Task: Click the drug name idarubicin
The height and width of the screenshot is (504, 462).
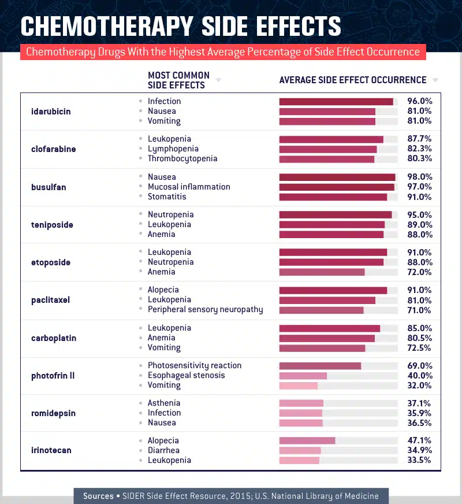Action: pyautogui.click(x=51, y=111)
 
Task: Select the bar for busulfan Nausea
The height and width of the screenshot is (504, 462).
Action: pyautogui.click(x=337, y=177)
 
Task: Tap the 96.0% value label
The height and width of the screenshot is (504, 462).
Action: pyautogui.click(x=419, y=101)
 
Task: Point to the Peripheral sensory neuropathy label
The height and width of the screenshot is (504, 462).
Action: pyautogui.click(x=205, y=309)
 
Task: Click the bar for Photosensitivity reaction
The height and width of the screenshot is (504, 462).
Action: pyautogui.click(x=320, y=365)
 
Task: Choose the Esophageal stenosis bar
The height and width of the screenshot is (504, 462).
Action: pyautogui.click(x=303, y=376)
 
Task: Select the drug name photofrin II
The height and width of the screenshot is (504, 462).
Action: pyautogui.click(x=53, y=376)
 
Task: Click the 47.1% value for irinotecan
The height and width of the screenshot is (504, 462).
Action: pyautogui.click(x=419, y=440)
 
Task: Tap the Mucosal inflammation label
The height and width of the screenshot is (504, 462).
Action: pyautogui.click(x=189, y=187)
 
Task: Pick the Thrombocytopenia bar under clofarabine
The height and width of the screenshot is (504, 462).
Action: pyautogui.click(x=327, y=159)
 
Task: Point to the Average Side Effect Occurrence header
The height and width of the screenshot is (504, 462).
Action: pyautogui.click(x=353, y=80)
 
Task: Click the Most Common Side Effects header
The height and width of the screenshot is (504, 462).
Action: pyautogui.click(x=178, y=80)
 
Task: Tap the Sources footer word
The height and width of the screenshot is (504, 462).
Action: pyautogui.click(x=98, y=496)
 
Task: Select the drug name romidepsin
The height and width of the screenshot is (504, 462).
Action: pyautogui.click(x=53, y=413)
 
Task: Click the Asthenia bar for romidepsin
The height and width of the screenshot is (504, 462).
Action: pyautogui.click(x=301, y=403)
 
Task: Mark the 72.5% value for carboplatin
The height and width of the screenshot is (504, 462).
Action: pyautogui.click(x=419, y=348)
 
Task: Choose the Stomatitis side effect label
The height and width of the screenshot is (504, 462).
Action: pyautogui.click(x=167, y=197)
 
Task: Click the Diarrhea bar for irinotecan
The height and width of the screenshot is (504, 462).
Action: pyautogui.click(x=300, y=451)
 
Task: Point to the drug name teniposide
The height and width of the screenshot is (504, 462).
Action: pyautogui.click(x=52, y=224)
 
